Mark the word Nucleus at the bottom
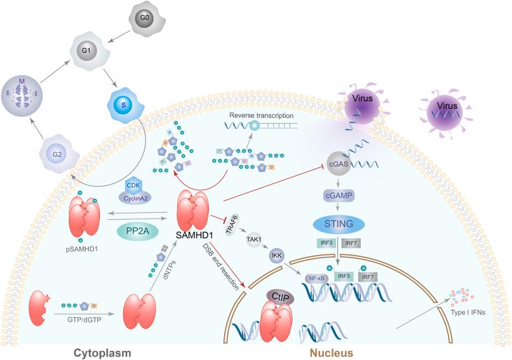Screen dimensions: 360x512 [324, 352]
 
